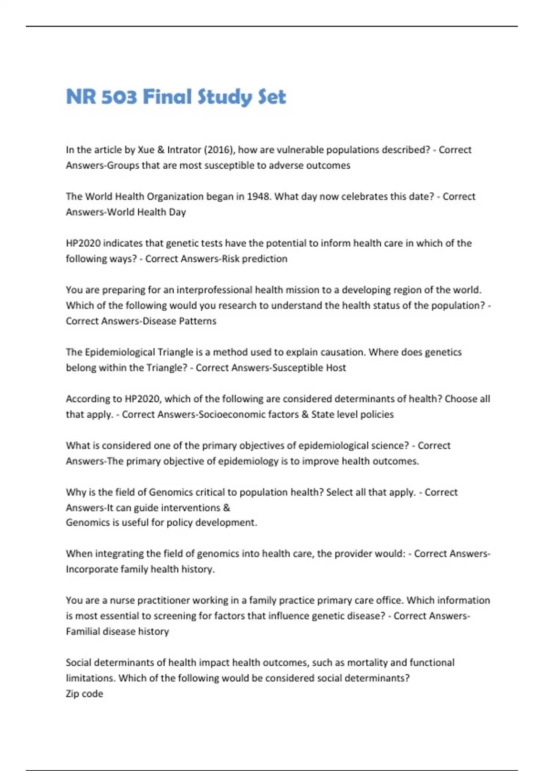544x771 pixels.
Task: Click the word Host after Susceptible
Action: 336,367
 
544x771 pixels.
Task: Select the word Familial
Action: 83,631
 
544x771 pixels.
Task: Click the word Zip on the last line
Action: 73,693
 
